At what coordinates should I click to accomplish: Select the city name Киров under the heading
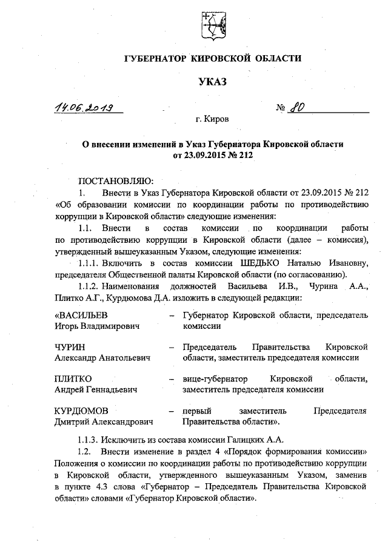[216, 120]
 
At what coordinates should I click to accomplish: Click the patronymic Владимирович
[114, 326]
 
